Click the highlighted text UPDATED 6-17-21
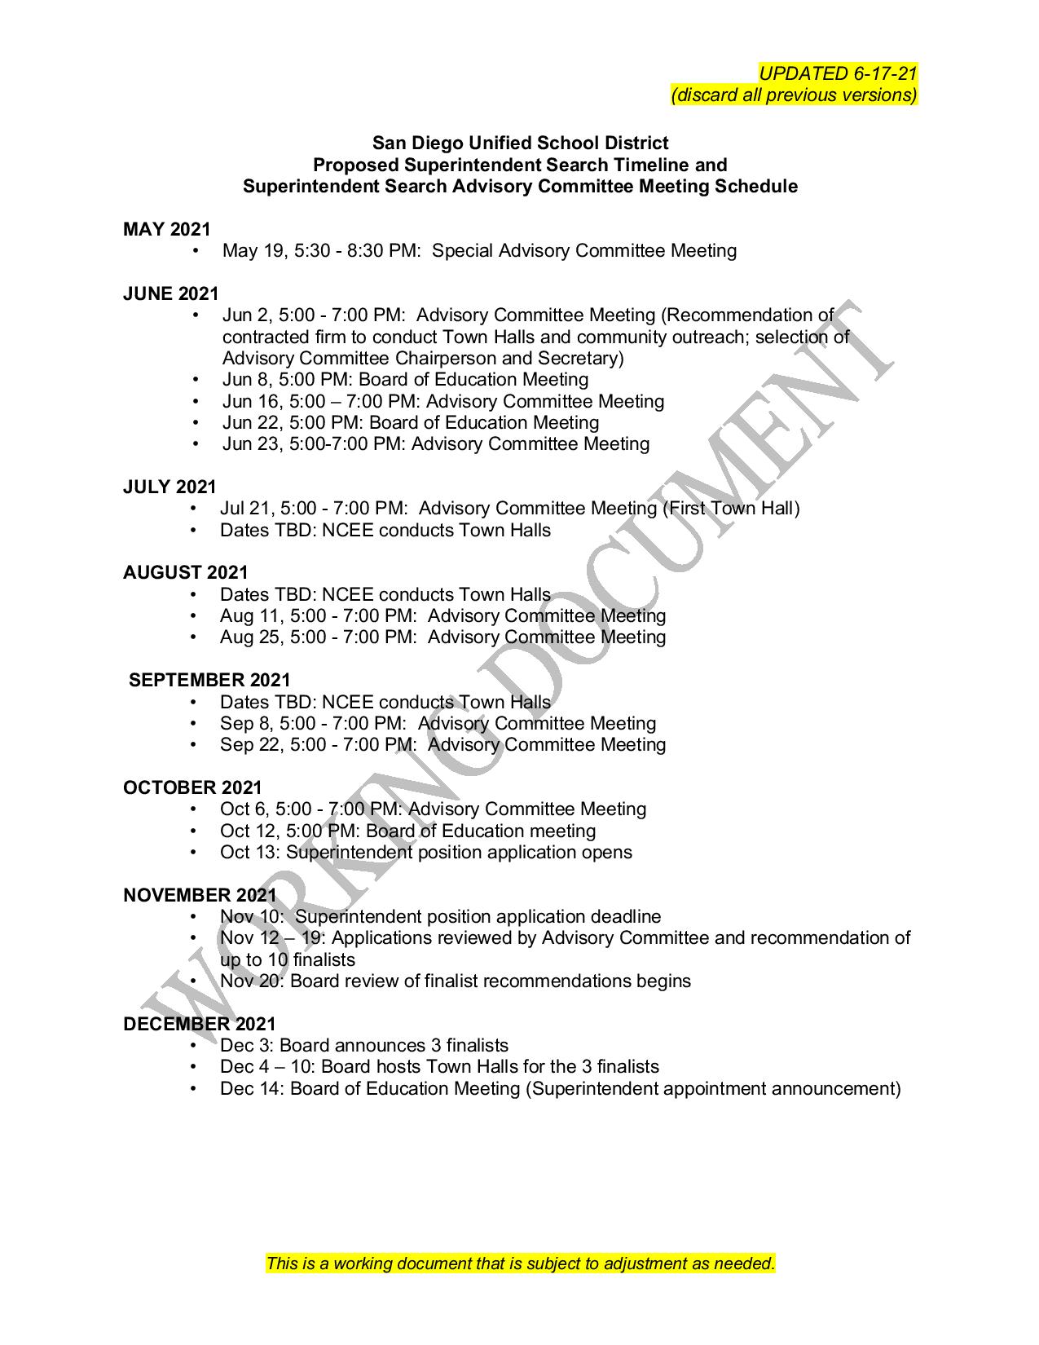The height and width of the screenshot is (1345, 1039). click(838, 73)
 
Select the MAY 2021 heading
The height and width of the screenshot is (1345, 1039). click(166, 230)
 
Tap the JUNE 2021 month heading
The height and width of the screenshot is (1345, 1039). click(171, 294)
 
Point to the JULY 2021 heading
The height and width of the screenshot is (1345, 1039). click(169, 487)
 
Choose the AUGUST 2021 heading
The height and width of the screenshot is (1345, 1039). click(185, 573)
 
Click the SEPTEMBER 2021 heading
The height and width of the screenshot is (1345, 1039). click(209, 681)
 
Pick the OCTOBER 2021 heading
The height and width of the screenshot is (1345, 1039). click(192, 788)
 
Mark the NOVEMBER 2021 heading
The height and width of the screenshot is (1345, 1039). click(200, 896)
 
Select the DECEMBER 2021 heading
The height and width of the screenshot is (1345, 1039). click(200, 1025)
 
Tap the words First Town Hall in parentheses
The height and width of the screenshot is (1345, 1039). click(730, 509)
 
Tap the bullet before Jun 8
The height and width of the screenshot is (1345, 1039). click(196, 380)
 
